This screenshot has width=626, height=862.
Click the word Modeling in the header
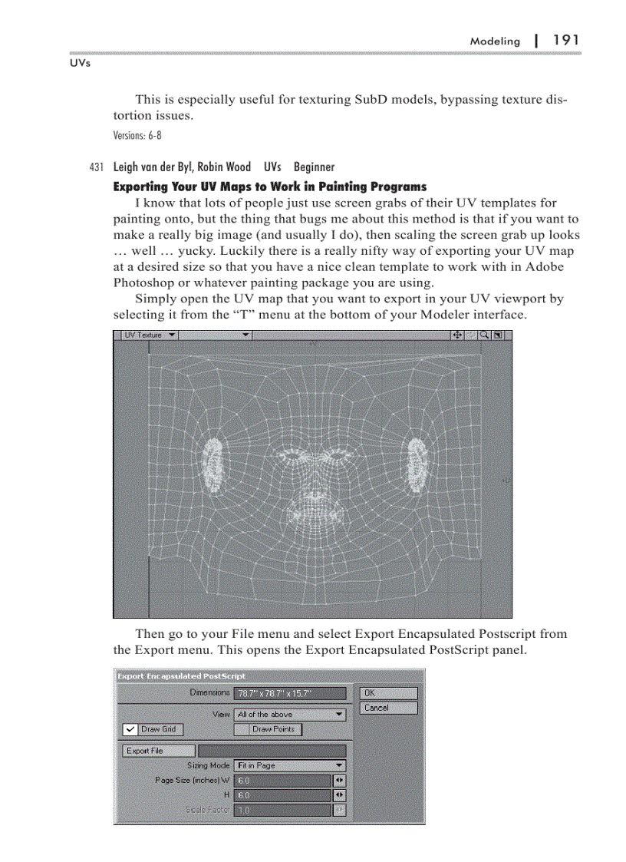[495, 41]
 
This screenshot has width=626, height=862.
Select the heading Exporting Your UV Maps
[269, 187]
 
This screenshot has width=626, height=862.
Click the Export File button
[154, 751]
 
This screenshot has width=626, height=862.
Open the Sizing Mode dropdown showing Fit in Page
[290, 765]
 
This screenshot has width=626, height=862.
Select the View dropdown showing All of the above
[290, 714]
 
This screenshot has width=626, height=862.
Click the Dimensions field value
[284, 693]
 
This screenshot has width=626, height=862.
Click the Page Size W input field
[282, 780]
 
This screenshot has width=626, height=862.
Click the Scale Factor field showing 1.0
[282, 810]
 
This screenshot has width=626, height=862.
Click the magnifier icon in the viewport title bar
[484, 335]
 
